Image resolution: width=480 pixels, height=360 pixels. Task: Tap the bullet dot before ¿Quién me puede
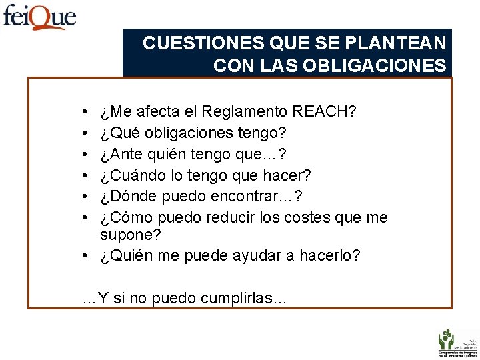(x=87, y=256)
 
